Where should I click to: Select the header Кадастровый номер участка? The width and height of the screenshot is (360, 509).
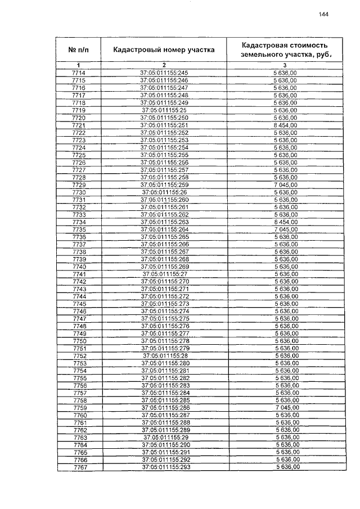164,49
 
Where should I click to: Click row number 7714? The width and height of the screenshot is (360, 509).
79,74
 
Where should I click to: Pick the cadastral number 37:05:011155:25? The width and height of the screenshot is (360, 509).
164,110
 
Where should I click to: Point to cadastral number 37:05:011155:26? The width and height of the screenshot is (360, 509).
164,192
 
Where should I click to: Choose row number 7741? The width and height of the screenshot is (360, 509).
79,274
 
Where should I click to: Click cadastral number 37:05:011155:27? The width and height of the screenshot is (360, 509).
164,274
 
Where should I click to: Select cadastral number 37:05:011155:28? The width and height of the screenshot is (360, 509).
164,356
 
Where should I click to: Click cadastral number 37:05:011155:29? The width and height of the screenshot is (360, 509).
164,438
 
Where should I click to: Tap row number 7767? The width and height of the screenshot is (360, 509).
79,467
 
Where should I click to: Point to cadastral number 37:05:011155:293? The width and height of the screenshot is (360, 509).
164,467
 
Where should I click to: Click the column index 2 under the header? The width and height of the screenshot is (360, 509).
164,66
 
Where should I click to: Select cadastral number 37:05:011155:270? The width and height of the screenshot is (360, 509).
164,281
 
